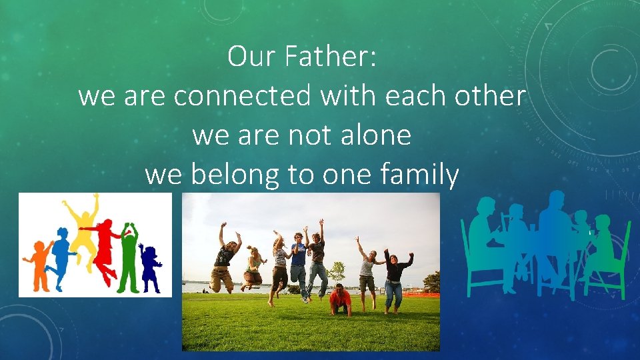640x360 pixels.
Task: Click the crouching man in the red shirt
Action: [340, 299]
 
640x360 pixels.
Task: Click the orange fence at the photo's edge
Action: [430, 293]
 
